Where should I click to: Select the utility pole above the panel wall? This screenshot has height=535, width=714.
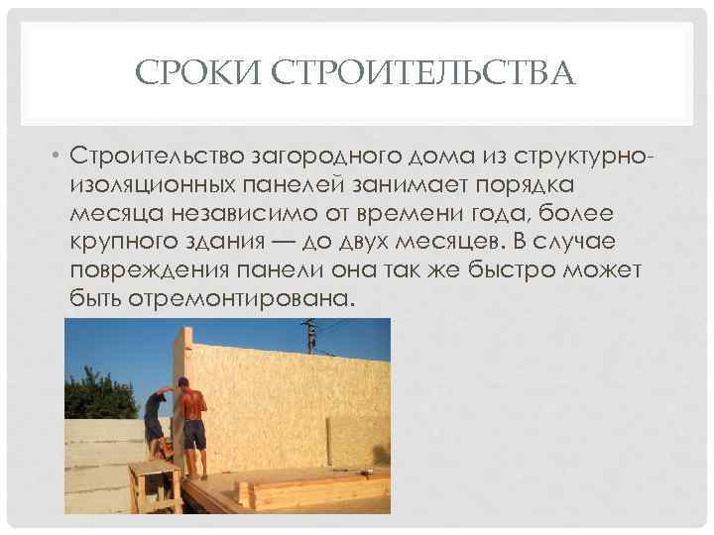310,334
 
